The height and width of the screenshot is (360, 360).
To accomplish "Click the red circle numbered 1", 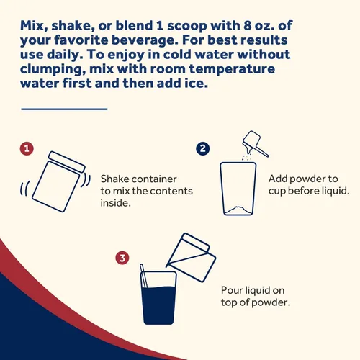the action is click(27, 148).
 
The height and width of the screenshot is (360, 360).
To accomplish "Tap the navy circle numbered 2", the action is click(203, 148).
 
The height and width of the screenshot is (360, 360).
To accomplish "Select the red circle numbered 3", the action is click(122, 258).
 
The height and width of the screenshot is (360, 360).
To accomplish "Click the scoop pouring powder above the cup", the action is click(254, 143).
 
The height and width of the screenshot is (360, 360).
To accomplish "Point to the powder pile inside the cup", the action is click(238, 210).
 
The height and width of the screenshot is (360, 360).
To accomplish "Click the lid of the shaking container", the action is click(67, 161).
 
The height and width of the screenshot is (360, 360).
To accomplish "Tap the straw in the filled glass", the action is click(144, 276).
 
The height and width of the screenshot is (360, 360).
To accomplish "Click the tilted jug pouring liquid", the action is click(192, 257).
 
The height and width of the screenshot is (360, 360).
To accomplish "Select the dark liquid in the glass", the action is click(158, 305).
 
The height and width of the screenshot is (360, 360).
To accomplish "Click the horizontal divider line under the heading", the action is click(64, 109).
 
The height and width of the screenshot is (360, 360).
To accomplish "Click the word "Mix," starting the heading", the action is click(34, 26).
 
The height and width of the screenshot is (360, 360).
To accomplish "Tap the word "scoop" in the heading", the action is click(187, 27).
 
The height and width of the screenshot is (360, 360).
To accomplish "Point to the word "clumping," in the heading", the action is click(53, 70).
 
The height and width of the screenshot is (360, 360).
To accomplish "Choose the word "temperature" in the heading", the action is click(232, 69).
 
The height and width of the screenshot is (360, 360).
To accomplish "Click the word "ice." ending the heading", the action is click(196, 84).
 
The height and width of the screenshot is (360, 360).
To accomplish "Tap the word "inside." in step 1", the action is click(116, 203).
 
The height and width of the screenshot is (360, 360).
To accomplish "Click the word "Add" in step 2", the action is click(278, 179).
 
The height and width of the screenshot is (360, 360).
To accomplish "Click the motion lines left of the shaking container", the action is click(25, 189).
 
